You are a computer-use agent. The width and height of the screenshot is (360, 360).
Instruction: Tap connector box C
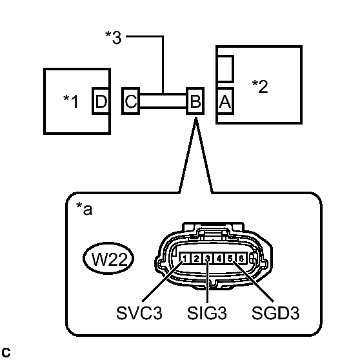131,101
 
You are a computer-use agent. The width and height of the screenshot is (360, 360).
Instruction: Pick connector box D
101,101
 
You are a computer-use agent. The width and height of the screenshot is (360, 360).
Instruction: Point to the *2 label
260,86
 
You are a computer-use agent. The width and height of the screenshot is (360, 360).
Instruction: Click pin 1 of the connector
185,259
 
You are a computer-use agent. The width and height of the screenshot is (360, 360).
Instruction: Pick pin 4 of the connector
219,259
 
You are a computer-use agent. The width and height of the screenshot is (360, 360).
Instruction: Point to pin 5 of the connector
230,259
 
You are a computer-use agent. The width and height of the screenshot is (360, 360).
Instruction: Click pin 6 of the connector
241,259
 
